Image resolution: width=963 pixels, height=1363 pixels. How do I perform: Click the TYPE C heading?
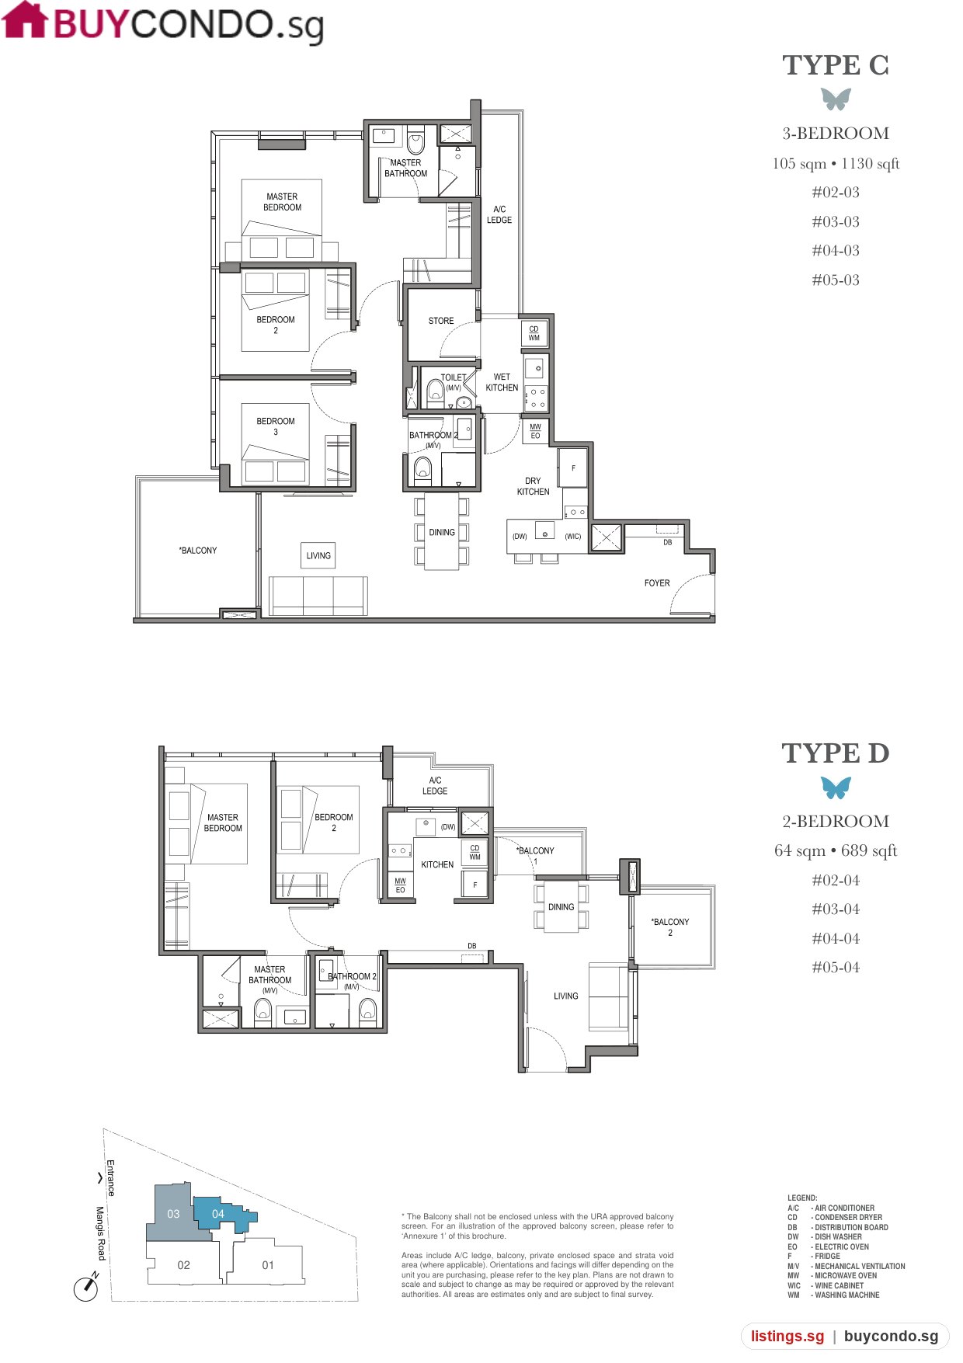(x=836, y=65)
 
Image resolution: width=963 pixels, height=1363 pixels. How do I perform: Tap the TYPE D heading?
(x=836, y=753)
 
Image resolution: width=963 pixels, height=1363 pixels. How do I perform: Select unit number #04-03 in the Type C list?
(x=836, y=251)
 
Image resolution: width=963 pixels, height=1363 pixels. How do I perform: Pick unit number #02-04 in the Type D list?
(x=836, y=880)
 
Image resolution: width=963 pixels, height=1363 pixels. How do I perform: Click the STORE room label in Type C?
(x=441, y=321)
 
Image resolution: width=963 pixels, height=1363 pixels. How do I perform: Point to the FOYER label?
(x=657, y=583)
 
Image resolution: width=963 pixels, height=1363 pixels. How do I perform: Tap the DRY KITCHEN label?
(x=533, y=486)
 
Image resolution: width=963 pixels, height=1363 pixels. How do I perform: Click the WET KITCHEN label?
(x=502, y=382)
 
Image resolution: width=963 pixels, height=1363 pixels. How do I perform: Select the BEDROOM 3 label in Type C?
(x=276, y=426)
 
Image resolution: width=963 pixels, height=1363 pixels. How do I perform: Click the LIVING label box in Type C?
(x=318, y=555)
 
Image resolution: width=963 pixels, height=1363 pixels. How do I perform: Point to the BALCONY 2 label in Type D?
(x=670, y=927)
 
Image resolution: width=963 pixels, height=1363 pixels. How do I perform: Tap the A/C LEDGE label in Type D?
(x=435, y=785)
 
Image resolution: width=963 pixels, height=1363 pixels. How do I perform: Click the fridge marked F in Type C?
(x=573, y=468)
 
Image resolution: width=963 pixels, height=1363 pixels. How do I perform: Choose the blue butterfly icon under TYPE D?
(x=836, y=788)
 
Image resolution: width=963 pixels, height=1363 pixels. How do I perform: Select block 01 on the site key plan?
(x=268, y=1265)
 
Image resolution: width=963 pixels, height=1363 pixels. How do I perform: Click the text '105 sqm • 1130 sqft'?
(x=836, y=164)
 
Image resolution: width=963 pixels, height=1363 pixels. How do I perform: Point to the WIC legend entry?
(x=826, y=1285)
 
